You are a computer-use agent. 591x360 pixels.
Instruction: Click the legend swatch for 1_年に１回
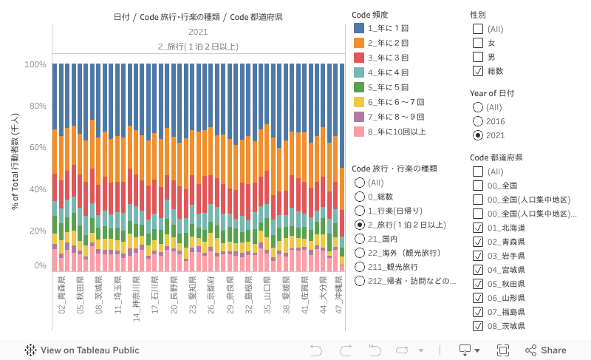360,27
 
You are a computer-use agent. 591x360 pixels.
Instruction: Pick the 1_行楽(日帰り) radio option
360,211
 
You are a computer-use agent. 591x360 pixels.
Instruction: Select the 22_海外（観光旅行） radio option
360,253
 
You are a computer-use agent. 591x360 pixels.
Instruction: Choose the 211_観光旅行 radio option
360,267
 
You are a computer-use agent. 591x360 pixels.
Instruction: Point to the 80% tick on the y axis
35,106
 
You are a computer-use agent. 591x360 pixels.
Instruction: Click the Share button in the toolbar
546,350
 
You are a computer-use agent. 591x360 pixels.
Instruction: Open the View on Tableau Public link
83,350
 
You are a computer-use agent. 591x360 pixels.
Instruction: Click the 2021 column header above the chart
198,32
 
